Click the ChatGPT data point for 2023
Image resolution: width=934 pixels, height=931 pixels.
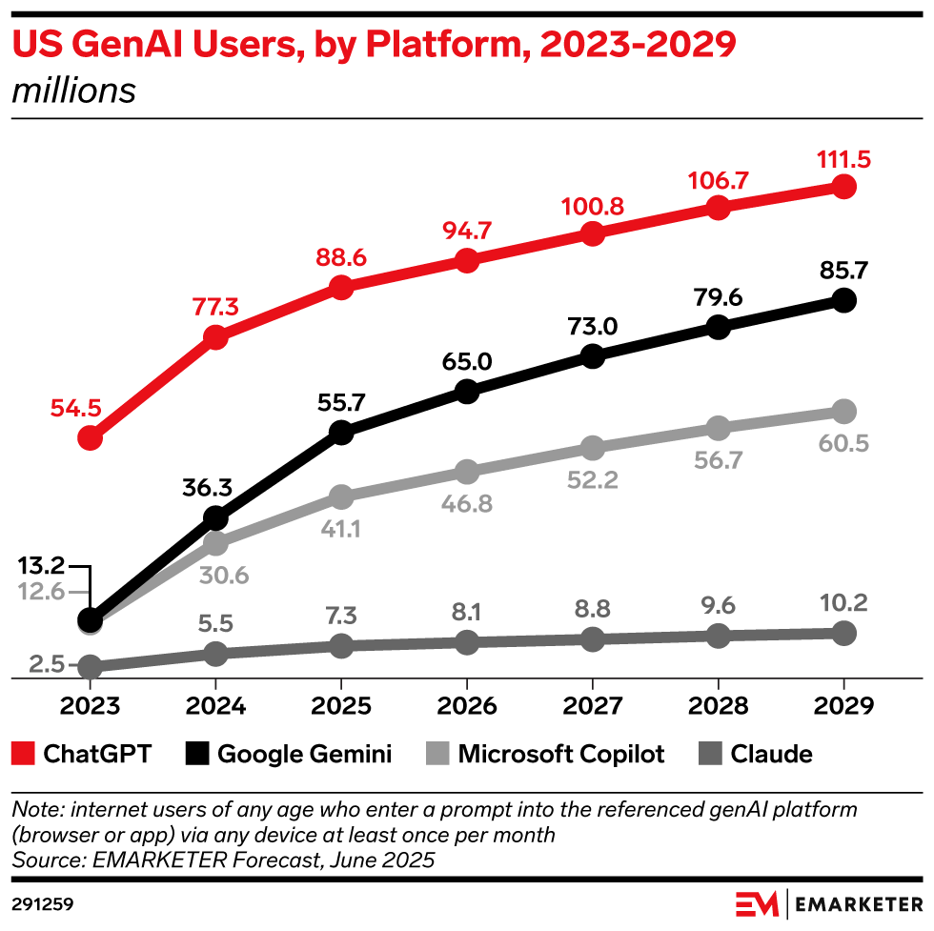(x=90, y=438)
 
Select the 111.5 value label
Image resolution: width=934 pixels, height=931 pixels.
(x=843, y=159)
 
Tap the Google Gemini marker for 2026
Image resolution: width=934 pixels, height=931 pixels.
(x=467, y=392)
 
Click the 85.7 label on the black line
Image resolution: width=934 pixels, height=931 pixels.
(x=843, y=272)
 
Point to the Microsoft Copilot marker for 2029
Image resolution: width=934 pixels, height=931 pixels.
(x=843, y=412)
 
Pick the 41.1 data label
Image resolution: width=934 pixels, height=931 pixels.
(x=341, y=528)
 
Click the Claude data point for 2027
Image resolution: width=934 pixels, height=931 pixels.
(x=592, y=639)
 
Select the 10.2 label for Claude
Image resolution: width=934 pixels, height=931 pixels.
(x=843, y=605)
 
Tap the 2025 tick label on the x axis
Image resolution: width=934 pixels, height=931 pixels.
(x=341, y=706)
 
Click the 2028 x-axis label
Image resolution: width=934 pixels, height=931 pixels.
(x=718, y=706)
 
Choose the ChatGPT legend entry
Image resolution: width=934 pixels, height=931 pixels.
(x=82, y=755)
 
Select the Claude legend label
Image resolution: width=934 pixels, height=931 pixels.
(x=771, y=755)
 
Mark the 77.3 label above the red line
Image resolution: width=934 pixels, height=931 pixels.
(x=215, y=307)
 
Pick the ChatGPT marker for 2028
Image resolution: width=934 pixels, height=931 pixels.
(x=718, y=208)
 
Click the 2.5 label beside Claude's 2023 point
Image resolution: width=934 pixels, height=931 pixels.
(x=48, y=664)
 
